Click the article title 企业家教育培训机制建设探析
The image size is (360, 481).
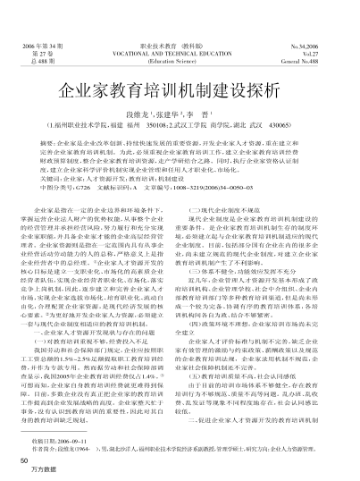(x=180, y=92)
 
